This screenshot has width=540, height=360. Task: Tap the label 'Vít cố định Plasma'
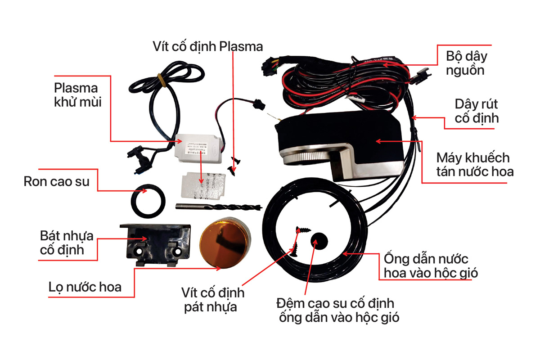207,46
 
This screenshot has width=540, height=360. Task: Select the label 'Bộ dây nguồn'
466,63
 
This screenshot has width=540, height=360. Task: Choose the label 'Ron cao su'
56,182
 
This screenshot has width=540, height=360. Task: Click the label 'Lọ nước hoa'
85,286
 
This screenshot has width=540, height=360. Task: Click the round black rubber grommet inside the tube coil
320,241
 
